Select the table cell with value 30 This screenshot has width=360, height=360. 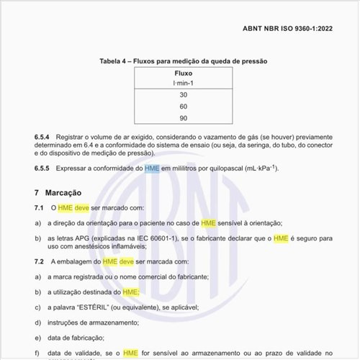click(184, 95)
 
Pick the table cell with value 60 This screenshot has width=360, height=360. click(184, 107)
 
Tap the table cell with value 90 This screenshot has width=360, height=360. click(184, 118)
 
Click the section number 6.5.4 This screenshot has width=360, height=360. click(42, 136)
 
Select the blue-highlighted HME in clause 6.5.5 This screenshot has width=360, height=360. click(152, 168)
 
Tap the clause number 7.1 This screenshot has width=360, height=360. click(40, 207)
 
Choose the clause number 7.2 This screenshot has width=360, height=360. click(40, 261)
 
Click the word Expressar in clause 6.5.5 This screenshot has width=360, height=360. click(77, 168)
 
